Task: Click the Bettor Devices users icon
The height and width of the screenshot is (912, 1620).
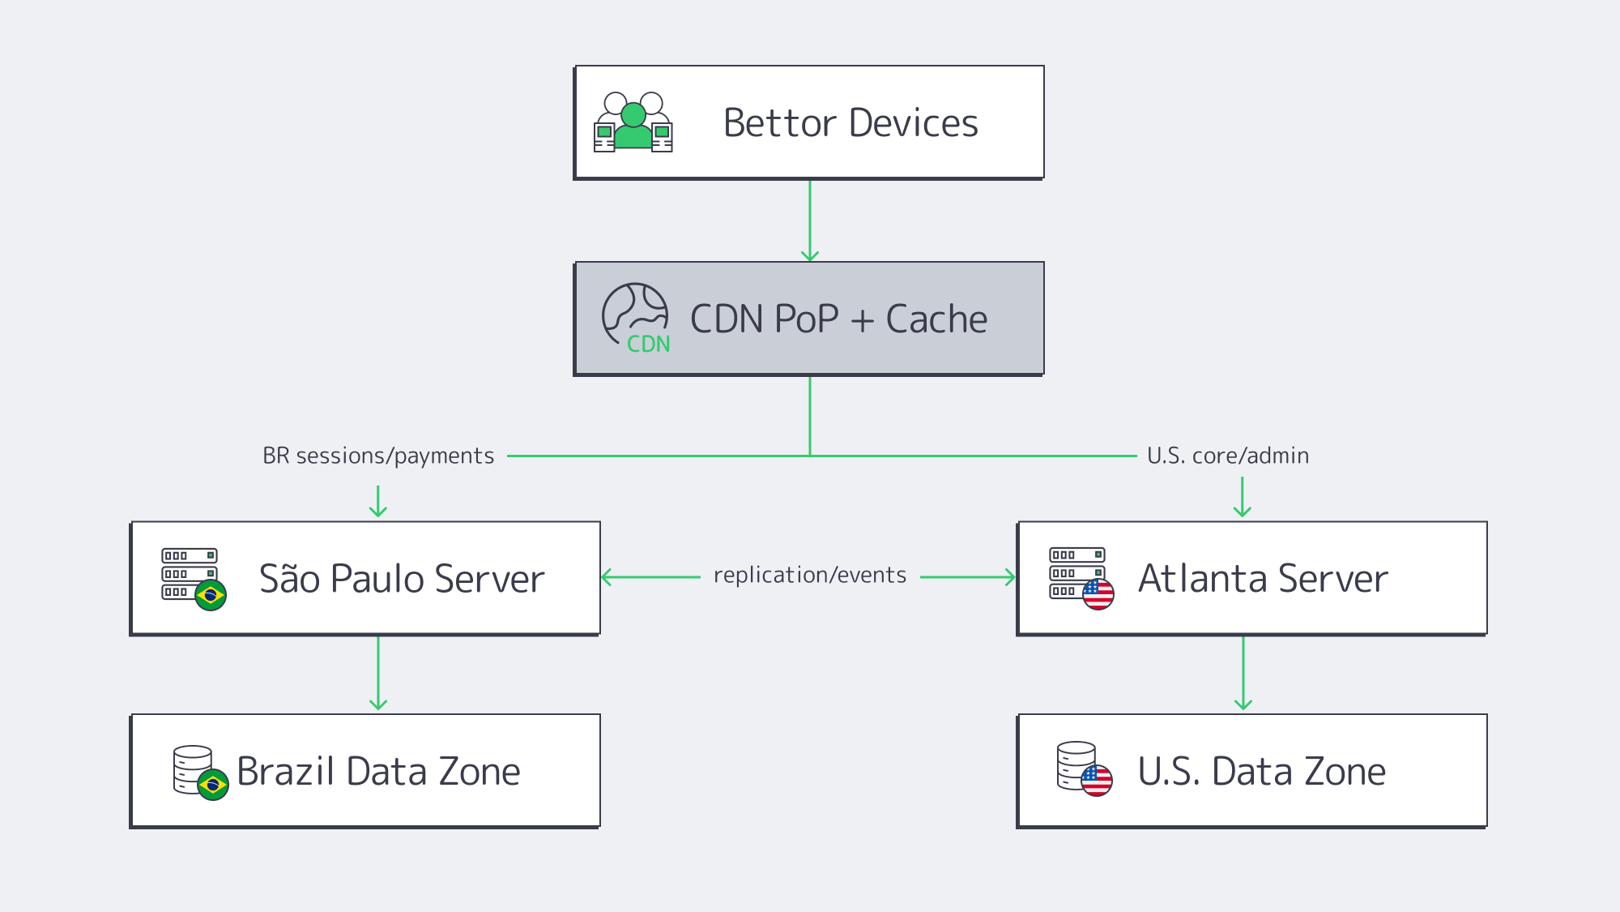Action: click(633, 122)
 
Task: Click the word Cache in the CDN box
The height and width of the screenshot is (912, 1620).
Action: click(936, 319)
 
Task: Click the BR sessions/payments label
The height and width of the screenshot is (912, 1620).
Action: click(378, 456)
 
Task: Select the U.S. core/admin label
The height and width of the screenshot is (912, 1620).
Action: click(1228, 456)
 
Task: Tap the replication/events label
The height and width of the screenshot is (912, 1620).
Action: click(810, 576)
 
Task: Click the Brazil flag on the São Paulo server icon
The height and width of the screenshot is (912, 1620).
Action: click(211, 596)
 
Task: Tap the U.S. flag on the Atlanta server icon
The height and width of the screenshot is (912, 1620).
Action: click(1098, 594)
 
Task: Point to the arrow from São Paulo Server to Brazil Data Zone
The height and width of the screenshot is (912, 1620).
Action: click(378, 673)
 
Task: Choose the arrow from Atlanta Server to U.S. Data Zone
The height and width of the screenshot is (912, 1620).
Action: click(1243, 673)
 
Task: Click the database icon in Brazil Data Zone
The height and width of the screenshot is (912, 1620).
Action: click(194, 770)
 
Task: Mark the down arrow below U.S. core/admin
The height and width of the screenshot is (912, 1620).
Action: click(1243, 498)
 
